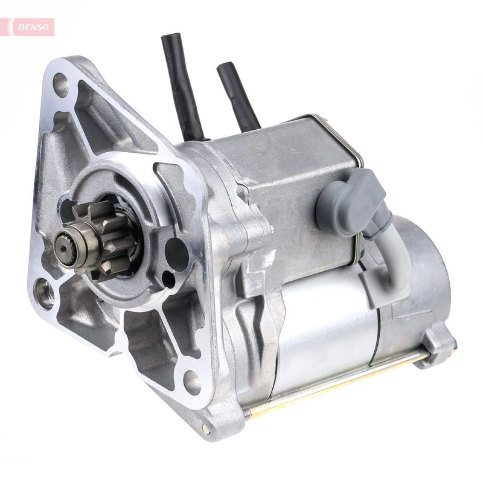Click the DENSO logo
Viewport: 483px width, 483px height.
(x=30, y=27)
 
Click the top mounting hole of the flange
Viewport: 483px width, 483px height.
(x=61, y=85)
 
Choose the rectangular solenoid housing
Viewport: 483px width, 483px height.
(x=296, y=193)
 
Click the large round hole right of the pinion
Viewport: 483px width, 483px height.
(x=176, y=250)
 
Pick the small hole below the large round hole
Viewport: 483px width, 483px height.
(x=169, y=280)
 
